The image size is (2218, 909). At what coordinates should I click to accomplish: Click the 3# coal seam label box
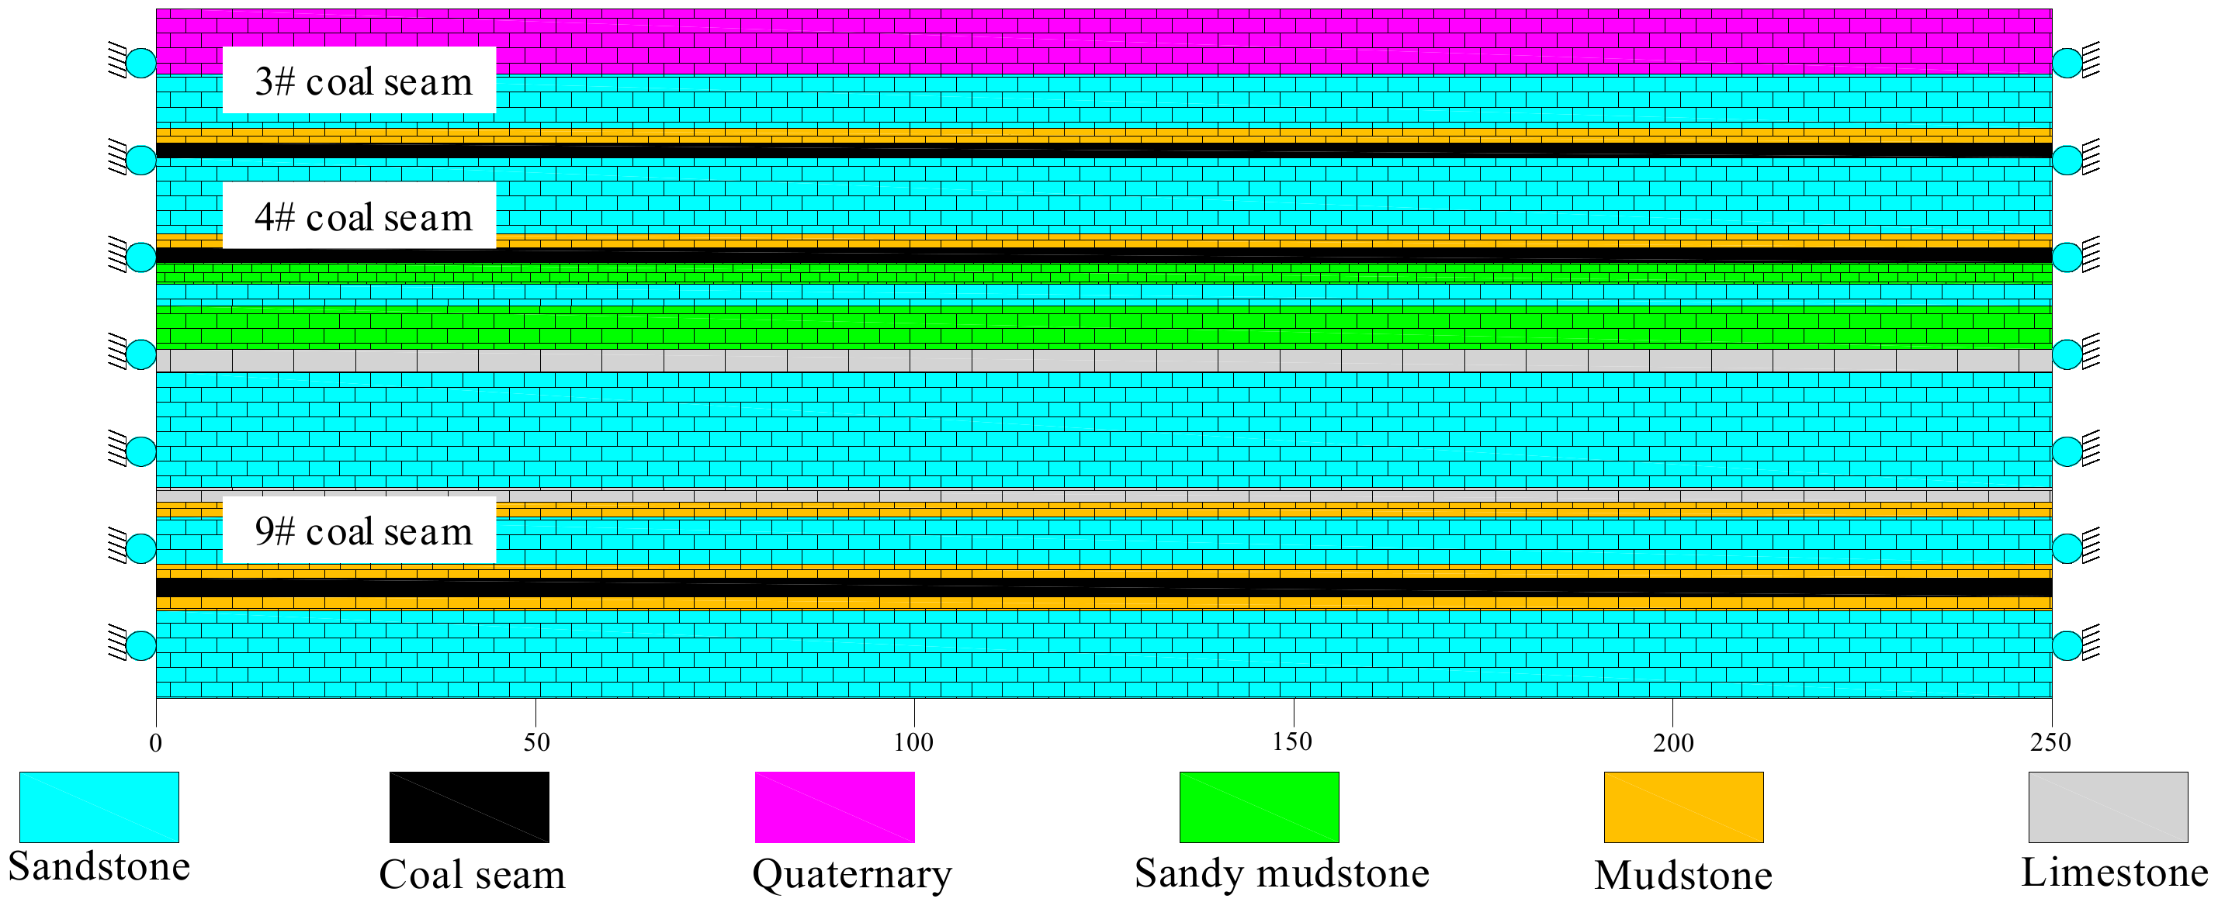pyautogui.click(x=359, y=80)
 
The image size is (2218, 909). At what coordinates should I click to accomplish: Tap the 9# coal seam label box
pyautogui.click(x=359, y=531)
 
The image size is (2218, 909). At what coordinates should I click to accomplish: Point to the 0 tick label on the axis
pyautogui.click(x=156, y=743)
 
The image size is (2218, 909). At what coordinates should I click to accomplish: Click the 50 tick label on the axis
pyautogui.click(x=536, y=743)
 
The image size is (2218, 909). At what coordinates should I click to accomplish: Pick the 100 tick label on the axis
pyautogui.click(x=913, y=742)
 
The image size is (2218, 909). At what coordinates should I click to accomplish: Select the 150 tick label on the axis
pyautogui.click(x=1292, y=742)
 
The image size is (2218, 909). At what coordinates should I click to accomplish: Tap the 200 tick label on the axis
pyautogui.click(x=1673, y=743)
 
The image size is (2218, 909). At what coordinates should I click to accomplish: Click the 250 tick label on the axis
pyautogui.click(x=2051, y=742)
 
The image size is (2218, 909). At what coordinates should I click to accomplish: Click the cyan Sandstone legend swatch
pyautogui.click(x=99, y=807)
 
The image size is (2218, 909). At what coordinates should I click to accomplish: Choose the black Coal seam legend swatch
pyautogui.click(x=470, y=807)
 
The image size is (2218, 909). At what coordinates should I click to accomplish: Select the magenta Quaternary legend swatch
pyautogui.click(x=834, y=807)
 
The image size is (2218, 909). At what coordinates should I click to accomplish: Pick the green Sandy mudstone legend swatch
pyautogui.click(x=1259, y=807)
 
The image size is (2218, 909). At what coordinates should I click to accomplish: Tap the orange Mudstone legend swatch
pyautogui.click(x=1683, y=807)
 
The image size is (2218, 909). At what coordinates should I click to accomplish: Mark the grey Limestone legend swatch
pyautogui.click(x=2108, y=807)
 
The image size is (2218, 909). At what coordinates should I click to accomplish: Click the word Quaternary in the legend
pyautogui.click(x=852, y=875)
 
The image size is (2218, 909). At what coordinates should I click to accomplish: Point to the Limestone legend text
pyautogui.click(x=2115, y=873)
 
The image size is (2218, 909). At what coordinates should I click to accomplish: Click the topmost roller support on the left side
pyautogui.click(x=140, y=63)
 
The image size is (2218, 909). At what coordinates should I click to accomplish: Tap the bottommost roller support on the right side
pyautogui.click(x=2067, y=645)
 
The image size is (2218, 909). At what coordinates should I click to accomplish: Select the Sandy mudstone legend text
pyautogui.click(x=1282, y=873)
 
